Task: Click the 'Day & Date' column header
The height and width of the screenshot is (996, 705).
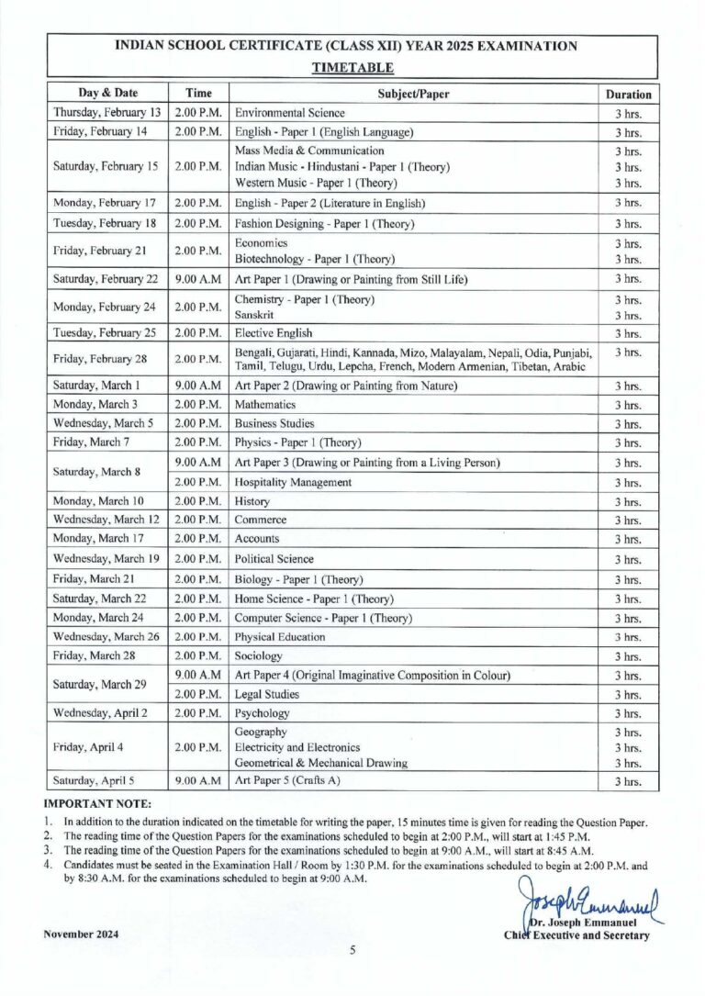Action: pyautogui.click(x=107, y=93)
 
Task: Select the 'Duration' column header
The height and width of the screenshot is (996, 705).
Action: pyautogui.click(x=628, y=94)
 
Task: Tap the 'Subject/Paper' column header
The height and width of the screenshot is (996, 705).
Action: pyautogui.click(x=413, y=93)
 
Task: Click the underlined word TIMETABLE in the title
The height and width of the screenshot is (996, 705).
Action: pyautogui.click(x=352, y=68)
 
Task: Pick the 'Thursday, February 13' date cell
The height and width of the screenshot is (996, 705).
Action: pyautogui.click(x=107, y=113)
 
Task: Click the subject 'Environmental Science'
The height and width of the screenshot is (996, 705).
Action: pyautogui.click(x=290, y=113)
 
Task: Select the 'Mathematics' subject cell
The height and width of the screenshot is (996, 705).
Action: pyautogui.click(x=265, y=404)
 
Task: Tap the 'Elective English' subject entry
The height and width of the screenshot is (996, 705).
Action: pyautogui.click(x=274, y=332)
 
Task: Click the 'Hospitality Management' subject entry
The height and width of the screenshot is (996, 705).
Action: pyautogui.click(x=294, y=482)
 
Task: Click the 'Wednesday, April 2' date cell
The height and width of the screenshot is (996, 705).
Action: pyautogui.click(x=107, y=712)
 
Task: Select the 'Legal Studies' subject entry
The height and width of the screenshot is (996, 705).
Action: pyautogui.click(x=267, y=694)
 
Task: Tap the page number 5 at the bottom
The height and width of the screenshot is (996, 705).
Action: pyautogui.click(x=352, y=951)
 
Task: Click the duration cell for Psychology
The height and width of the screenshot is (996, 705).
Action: pyautogui.click(x=628, y=713)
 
